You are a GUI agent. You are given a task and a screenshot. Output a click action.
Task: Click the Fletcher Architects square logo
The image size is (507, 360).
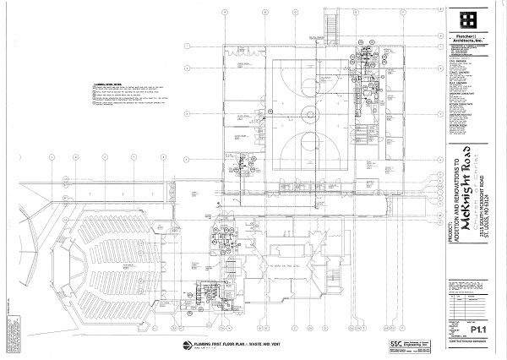point(469,19)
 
